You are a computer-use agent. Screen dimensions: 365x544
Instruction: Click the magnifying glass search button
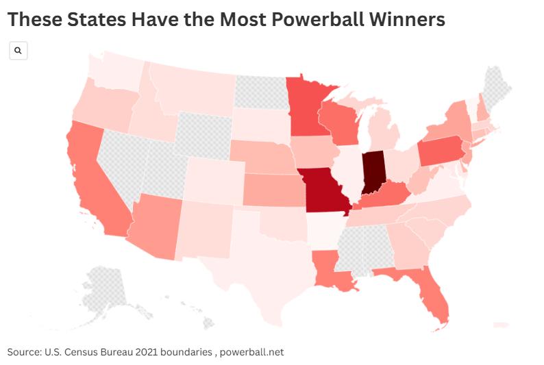coord(18,51)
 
